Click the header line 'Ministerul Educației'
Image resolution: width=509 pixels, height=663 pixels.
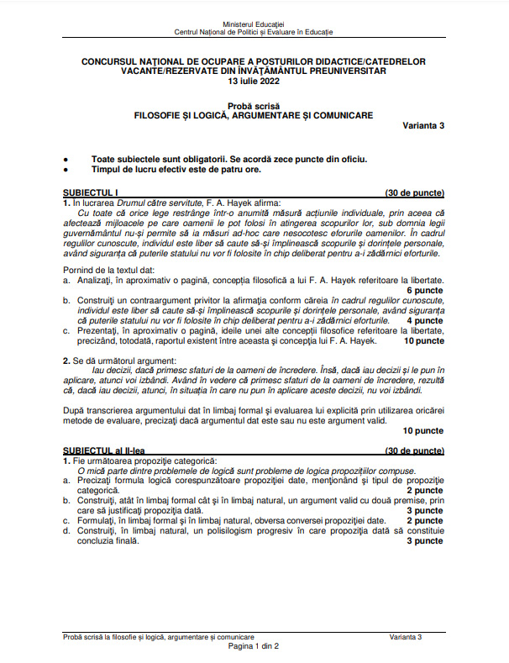(254, 24)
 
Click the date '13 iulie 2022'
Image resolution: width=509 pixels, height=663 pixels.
(254, 82)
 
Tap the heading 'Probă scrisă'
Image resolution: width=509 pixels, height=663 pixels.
(254, 104)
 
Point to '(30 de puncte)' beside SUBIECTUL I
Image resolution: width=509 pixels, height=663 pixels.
(414, 193)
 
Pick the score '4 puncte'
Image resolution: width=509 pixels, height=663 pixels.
(425, 320)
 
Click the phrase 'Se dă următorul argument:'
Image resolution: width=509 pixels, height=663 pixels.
(118, 360)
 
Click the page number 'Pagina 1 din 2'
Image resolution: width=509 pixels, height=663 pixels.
(254, 646)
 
